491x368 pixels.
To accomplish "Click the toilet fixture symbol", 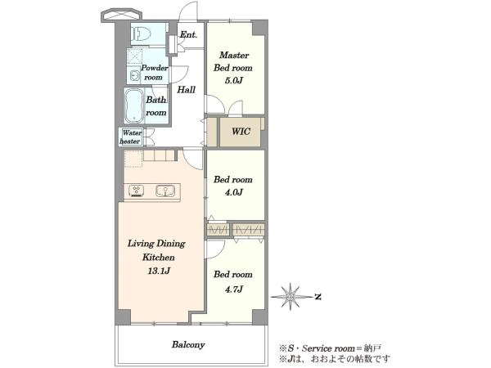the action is pos(140,34).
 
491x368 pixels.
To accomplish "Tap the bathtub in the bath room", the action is pos(134,105).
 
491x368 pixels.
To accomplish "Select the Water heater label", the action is pos(131,137).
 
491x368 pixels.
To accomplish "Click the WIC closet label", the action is pos(241,131).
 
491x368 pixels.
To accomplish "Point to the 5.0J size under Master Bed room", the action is pos(233,81).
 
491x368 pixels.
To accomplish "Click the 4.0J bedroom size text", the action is pos(233,192).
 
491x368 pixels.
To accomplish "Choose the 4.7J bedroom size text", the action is pos(233,289).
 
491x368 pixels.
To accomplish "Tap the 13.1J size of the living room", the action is pos(159,271).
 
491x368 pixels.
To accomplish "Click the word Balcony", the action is pos(188,344).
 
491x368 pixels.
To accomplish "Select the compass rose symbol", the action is pos(291,296).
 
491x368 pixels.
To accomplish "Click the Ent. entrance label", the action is pos(188,34).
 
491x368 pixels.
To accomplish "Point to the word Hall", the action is pos(187,90).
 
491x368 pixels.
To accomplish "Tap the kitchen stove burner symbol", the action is pos(137,191).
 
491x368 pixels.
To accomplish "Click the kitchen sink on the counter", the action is pos(165,191).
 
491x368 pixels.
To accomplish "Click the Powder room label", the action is pos(154,72).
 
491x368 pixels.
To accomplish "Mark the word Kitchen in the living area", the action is pos(159,258).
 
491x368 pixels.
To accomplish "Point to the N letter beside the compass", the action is pos(318,297).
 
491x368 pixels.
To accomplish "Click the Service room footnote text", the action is pos(331,348).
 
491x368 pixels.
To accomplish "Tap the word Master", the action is pos(234,55).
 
